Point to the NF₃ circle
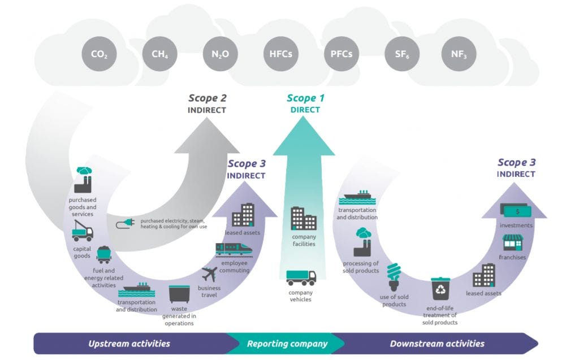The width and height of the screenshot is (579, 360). [459, 54]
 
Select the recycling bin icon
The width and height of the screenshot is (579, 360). [439, 288]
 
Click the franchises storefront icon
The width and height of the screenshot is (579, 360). [513, 243]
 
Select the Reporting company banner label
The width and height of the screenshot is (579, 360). [287, 344]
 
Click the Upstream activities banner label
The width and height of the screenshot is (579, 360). [129, 344]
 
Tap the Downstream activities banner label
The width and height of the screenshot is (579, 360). [437, 344]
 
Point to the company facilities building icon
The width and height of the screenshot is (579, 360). [304, 218]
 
